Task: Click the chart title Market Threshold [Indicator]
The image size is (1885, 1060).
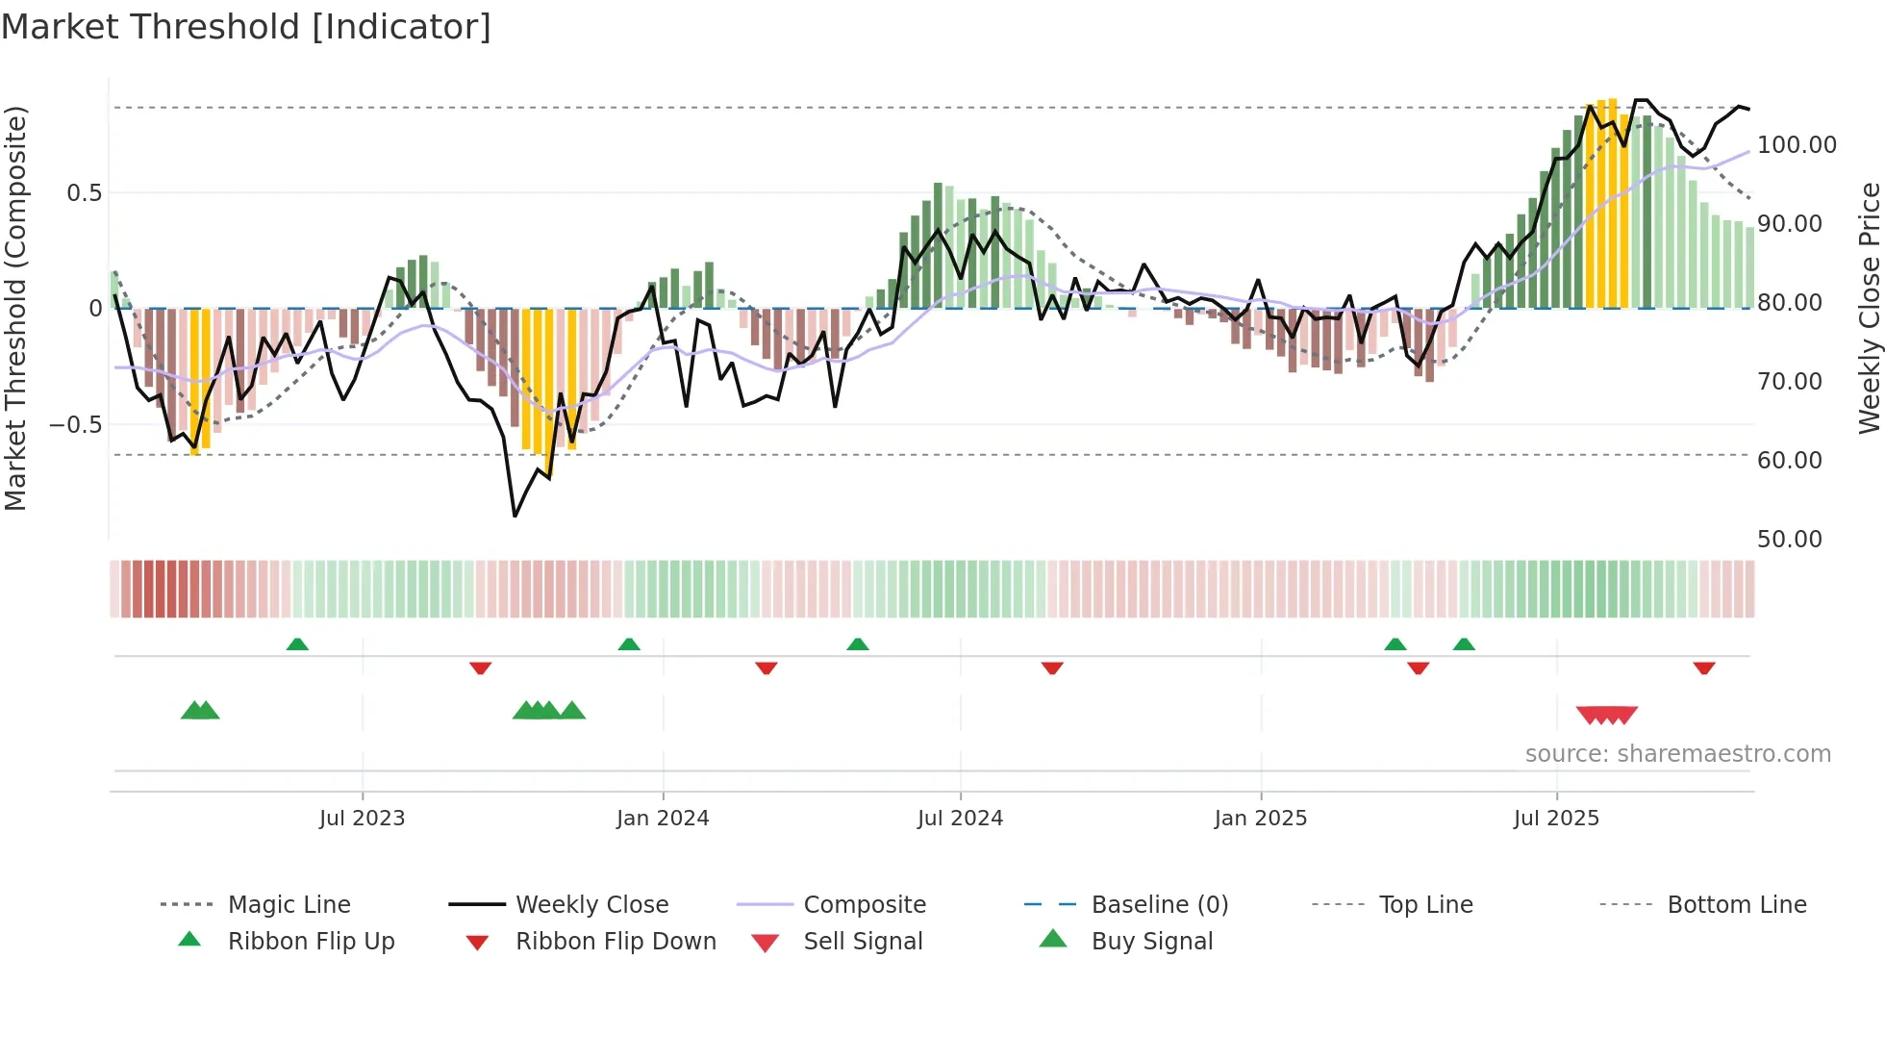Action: tap(246, 27)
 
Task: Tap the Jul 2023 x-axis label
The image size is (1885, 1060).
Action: tap(362, 818)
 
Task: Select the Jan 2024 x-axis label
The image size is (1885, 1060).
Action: tap(663, 818)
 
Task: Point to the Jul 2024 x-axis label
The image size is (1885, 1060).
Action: tap(960, 818)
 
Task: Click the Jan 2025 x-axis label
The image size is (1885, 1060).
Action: tap(1261, 818)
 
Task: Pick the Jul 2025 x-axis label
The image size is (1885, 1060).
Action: tap(1556, 818)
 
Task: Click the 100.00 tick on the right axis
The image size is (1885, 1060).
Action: tap(1797, 145)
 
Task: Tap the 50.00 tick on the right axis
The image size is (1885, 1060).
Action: tap(1789, 540)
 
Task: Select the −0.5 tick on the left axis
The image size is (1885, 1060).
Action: tap(75, 424)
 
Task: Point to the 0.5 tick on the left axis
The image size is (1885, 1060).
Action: tap(84, 192)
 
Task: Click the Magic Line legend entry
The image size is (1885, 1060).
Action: tap(289, 904)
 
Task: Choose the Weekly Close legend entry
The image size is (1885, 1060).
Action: tap(591, 904)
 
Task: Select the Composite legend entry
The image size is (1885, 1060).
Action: tap(864, 904)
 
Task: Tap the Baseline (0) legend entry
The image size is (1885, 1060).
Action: tap(1159, 904)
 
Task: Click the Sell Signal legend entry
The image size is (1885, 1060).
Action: tap(863, 941)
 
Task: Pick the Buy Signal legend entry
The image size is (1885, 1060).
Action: tap(1151, 941)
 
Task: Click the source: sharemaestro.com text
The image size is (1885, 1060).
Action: tap(1677, 754)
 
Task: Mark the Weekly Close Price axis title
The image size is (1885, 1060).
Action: tap(1869, 308)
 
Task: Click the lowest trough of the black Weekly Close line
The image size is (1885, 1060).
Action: tap(515, 516)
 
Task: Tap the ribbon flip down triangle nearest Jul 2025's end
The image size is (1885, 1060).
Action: tap(1704, 668)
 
